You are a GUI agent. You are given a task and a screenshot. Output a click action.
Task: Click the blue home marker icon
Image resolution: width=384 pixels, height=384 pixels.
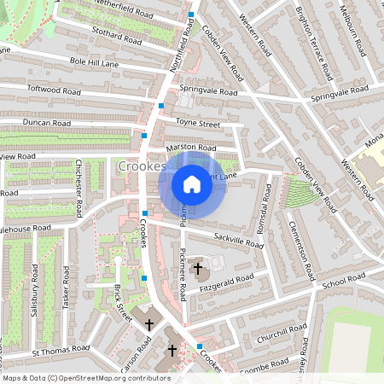point(192,184)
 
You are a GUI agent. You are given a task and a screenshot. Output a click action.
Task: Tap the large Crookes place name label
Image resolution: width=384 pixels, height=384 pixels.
point(142,166)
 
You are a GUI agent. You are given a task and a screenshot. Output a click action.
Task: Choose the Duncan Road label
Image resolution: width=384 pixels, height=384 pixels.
point(46,122)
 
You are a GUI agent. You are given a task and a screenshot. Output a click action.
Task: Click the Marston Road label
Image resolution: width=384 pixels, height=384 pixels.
point(189,148)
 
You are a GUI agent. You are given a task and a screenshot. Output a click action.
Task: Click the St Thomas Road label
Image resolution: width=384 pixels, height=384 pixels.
point(61,349)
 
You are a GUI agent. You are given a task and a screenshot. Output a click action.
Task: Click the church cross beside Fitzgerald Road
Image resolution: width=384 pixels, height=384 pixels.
point(198,270)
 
